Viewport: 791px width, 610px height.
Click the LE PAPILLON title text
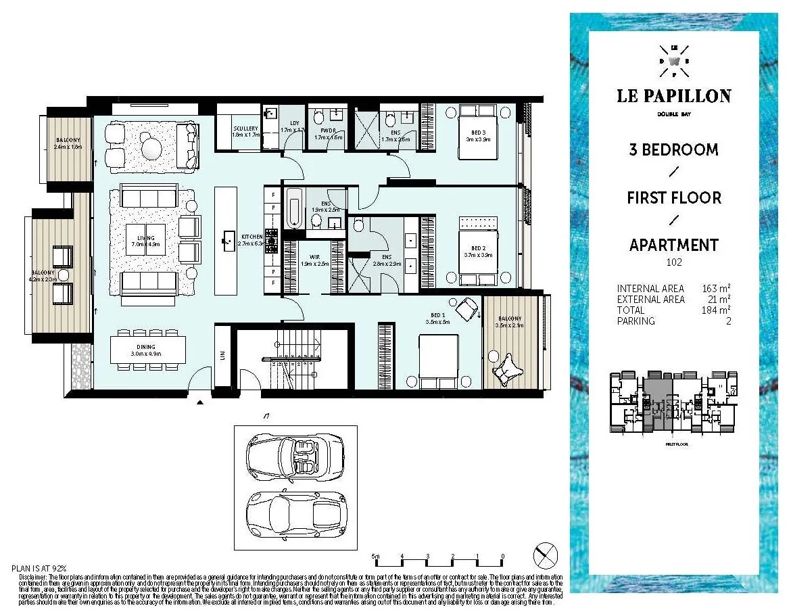pyautogui.click(x=673, y=95)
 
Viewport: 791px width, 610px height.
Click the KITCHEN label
pyautogui.click(x=251, y=237)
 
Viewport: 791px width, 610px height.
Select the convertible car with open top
pyautogui.click(x=295, y=459)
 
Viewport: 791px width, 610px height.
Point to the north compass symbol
pyautogui.click(x=545, y=556)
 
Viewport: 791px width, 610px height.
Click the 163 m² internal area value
pyautogui.click(x=715, y=289)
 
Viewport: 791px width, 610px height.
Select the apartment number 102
pyautogui.click(x=673, y=262)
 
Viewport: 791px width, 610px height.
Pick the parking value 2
pyautogui.click(x=727, y=321)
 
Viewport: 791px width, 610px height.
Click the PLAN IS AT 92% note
pyautogui.click(x=40, y=568)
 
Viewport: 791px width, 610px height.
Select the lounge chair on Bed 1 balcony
pyautogui.click(x=508, y=369)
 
